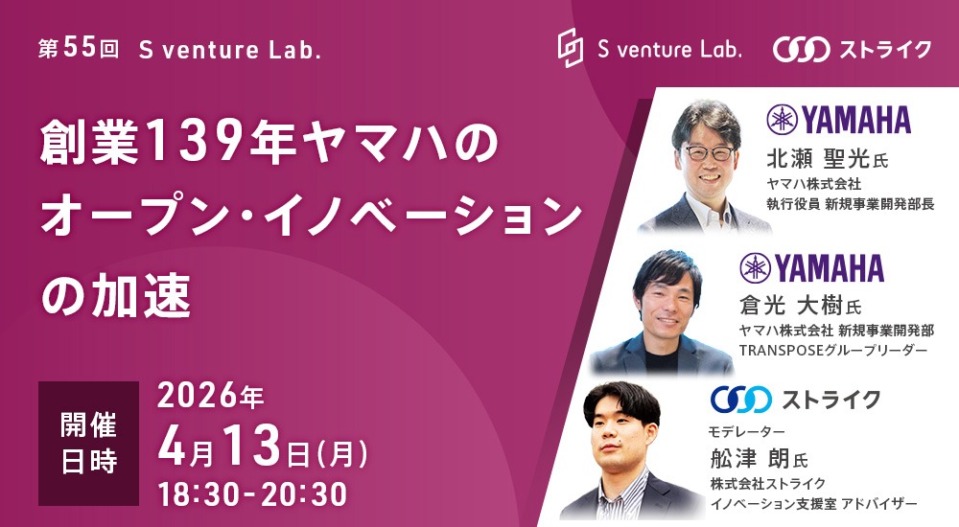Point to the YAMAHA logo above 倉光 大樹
pyautogui.click(x=812, y=268)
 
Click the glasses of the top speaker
pyautogui.click(x=709, y=153)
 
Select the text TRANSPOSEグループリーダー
pyautogui.click(x=832, y=351)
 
